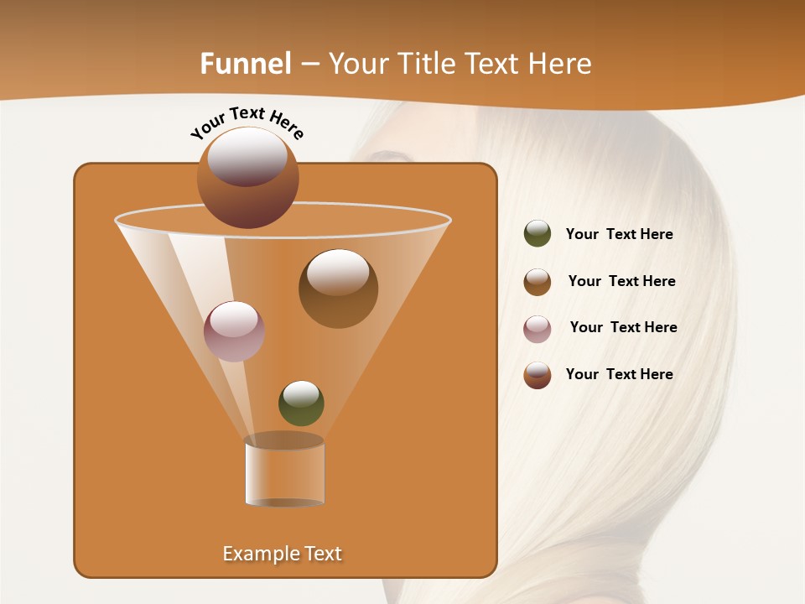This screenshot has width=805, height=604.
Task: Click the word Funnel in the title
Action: point(246,63)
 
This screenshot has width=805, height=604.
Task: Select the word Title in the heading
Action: point(425,63)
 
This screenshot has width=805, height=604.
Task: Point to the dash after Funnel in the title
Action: point(309,64)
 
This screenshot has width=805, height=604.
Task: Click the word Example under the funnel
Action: point(260,554)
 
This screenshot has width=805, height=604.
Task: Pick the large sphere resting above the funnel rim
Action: point(247,177)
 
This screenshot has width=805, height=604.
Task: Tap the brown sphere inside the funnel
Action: point(338,288)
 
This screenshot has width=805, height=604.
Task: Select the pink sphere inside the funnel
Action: point(234,331)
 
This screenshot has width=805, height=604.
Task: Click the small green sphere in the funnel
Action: point(301,403)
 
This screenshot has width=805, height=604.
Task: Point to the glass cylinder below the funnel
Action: point(284,471)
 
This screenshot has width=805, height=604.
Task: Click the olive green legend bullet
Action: point(538,233)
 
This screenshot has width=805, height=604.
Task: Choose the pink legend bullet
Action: point(538,329)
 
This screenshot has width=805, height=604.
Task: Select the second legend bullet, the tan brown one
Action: point(538,282)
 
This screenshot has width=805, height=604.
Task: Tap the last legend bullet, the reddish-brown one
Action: point(538,375)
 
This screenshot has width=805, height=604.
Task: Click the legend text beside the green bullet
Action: point(619,234)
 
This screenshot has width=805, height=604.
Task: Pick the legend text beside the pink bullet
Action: point(623,327)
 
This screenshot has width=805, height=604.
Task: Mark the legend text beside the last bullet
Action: point(619,374)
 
